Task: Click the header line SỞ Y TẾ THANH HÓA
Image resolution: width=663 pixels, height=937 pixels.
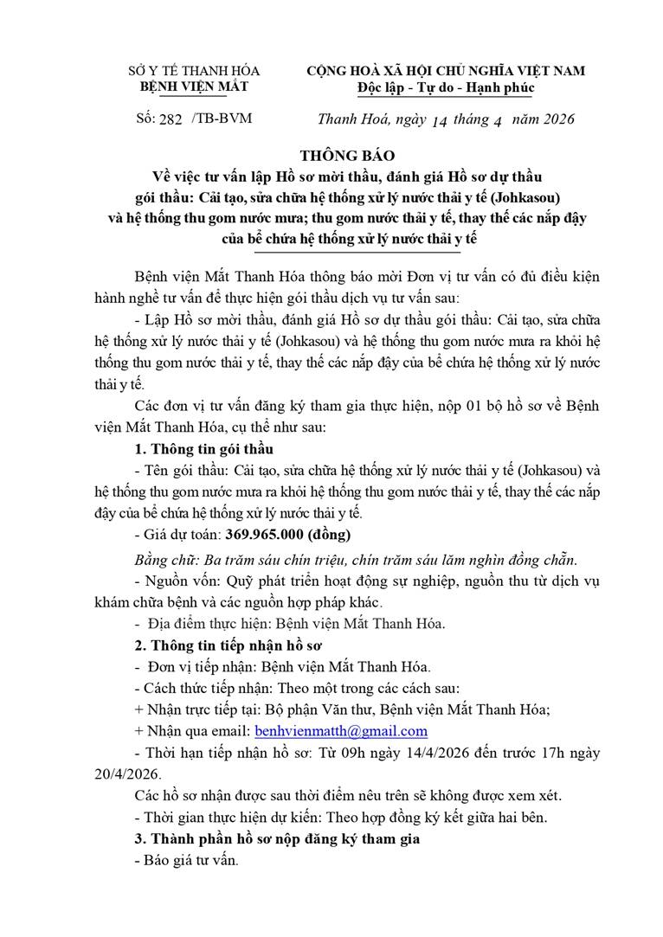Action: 194,71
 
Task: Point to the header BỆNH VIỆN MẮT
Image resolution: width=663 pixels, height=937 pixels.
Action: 194,87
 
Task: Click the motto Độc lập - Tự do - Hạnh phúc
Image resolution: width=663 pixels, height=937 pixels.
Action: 446,87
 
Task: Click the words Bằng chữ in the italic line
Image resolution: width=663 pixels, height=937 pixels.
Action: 165,555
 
